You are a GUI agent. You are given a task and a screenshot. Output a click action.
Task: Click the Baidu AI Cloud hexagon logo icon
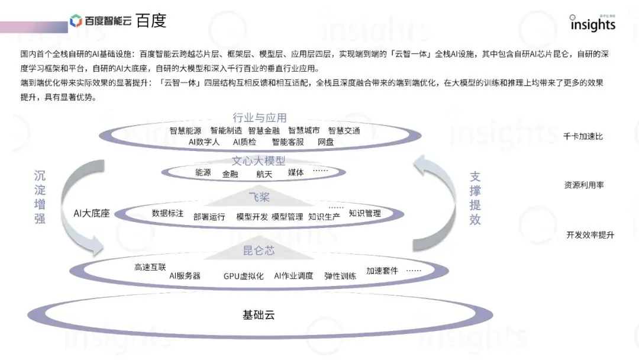[76, 21]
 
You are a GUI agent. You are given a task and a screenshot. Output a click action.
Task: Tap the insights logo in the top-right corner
[592, 23]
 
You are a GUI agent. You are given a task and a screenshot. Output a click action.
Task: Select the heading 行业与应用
[260, 118]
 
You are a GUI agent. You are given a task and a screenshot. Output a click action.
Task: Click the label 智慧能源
[185, 131]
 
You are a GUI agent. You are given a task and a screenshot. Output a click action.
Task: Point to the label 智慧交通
[344, 131]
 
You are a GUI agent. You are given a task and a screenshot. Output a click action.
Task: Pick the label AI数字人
[204, 142]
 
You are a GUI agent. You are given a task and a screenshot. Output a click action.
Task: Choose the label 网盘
[325, 142]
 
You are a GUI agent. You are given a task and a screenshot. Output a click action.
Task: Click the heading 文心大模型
[259, 161]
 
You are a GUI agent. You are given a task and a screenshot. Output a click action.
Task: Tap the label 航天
[264, 174]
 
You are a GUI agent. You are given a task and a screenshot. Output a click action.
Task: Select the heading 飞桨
[259, 197]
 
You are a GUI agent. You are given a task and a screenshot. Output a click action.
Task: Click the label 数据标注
[167, 213]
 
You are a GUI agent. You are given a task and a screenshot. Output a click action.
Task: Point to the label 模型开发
[252, 217]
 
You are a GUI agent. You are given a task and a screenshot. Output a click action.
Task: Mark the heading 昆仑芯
[259, 251]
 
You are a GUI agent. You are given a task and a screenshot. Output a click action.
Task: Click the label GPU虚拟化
[243, 276]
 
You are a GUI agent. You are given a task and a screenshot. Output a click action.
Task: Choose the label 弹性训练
[340, 276]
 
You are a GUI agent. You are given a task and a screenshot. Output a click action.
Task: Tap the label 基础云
[259, 314]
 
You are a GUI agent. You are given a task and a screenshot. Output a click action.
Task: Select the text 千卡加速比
[583, 137]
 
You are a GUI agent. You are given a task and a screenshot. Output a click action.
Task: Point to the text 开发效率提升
[590, 235]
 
